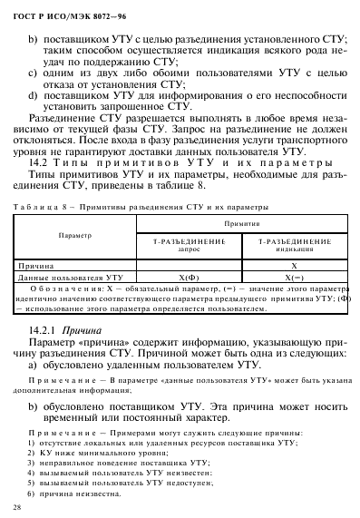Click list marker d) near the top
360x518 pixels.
pyautogui.click(x=36, y=92)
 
